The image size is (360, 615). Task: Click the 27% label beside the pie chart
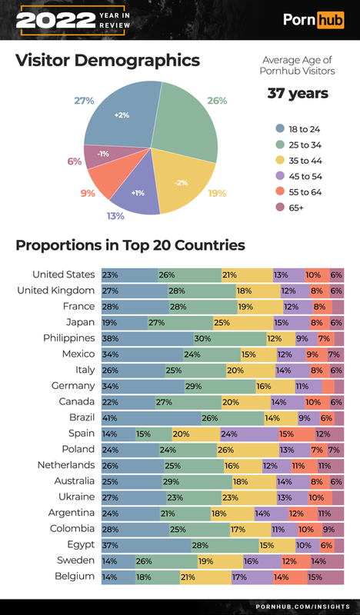pyautogui.click(x=84, y=101)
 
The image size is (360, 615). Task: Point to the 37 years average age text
pyautogui.click(x=297, y=94)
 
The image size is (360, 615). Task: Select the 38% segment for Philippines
pyautogui.click(x=147, y=337)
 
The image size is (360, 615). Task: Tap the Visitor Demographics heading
pyautogui.click(x=108, y=61)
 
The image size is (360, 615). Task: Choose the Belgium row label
pyautogui.click(x=74, y=576)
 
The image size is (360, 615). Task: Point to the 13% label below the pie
pyautogui.click(x=115, y=216)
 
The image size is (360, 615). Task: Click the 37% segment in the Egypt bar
pyautogui.click(x=146, y=544)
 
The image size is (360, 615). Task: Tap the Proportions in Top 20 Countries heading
pyautogui.click(x=131, y=246)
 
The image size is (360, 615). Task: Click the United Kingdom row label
pyautogui.click(x=56, y=290)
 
